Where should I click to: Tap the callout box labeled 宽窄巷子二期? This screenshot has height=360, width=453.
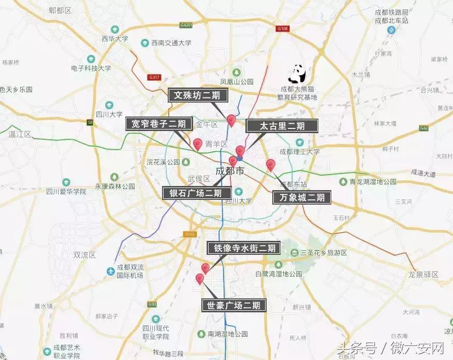tap(159, 123)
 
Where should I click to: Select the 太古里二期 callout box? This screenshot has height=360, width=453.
tap(282, 126)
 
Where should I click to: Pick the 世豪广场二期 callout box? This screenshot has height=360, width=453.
tap(233, 305)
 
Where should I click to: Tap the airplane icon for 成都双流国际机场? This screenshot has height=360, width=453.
tap(110, 271)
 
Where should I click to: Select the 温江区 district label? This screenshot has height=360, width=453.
tap(20, 134)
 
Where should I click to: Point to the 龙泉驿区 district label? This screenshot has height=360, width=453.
tap(423, 274)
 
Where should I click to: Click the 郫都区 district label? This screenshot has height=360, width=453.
tap(60, 10)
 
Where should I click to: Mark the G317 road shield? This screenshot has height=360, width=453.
tap(154, 77)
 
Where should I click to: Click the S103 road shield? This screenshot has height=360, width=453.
tap(191, 234)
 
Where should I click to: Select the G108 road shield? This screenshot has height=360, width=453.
tap(282, 29)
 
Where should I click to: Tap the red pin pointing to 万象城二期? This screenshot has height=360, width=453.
tap(270, 165)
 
